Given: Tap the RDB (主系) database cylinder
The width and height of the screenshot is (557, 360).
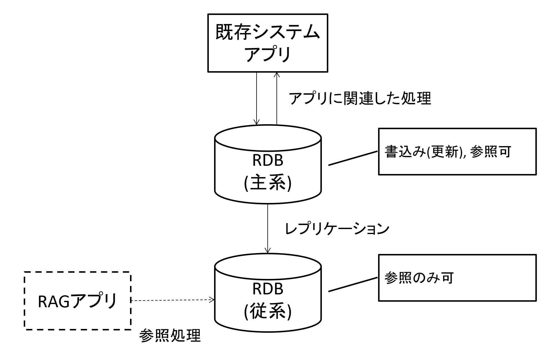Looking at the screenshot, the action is coord(268,164).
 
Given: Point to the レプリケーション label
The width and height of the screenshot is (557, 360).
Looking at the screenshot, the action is coord(337,229).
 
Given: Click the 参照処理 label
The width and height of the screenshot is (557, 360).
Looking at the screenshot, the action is coord(170,335).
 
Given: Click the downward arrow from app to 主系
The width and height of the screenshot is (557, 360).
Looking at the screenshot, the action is coord(257,98).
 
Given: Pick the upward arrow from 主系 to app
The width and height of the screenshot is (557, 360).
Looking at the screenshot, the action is coord(276,98).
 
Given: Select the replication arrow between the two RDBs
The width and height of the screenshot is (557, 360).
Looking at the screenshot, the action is coord(268,228).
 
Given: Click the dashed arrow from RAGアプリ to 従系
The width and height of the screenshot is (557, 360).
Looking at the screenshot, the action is coord(172,300).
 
